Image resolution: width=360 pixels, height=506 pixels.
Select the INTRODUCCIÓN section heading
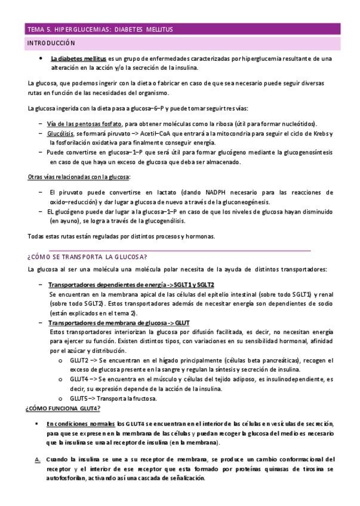click(x=51, y=43)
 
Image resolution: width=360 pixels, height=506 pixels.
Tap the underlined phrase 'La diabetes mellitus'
click(x=79, y=59)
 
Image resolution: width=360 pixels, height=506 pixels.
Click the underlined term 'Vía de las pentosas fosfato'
click(x=84, y=124)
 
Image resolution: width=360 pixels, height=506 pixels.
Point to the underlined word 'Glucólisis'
click(x=61, y=134)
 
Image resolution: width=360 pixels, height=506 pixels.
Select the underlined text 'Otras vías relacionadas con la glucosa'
click(x=79, y=177)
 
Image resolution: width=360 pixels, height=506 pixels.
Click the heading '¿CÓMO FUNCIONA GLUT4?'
click(x=63, y=408)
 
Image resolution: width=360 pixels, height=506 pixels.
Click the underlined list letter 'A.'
click(x=37, y=459)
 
